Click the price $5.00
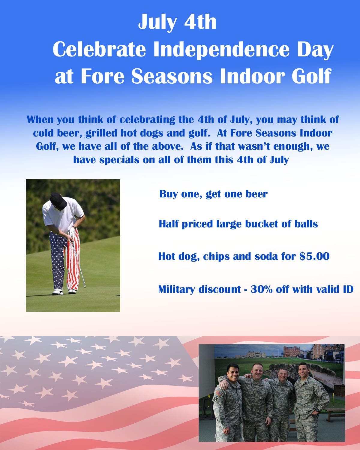coord(314,256)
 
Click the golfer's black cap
coord(58,200)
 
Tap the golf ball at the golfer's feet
coord(61,293)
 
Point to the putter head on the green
coord(85,286)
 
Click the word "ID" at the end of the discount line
coord(348,289)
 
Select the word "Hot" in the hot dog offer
coord(166,256)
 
